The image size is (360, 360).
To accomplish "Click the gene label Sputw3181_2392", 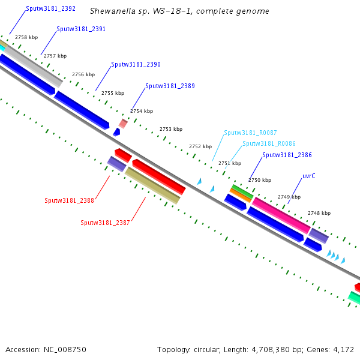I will click(x=50, y=10).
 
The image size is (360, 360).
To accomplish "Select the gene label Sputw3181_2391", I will click(x=81, y=29).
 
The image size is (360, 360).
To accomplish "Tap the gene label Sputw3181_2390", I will click(x=136, y=64).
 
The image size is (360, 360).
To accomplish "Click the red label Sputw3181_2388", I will click(x=69, y=200).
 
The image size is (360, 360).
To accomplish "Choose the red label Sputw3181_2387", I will click(x=105, y=223).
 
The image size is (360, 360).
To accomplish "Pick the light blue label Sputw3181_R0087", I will click(x=250, y=133).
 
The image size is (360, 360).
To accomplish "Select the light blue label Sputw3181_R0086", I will click(x=269, y=144).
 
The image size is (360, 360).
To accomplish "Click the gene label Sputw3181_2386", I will click(x=287, y=155).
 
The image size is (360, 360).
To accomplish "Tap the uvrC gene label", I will click(x=309, y=176).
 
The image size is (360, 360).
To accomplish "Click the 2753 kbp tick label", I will click(x=170, y=129).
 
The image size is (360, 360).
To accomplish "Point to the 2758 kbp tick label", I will click(x=26, y=37).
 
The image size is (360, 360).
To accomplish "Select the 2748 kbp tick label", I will click(x=319, y=213).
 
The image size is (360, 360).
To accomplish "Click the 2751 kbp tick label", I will click(x=229, y=163).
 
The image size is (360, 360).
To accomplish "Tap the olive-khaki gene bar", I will click(x=152, y=185).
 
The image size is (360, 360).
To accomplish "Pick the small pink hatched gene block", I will click(x=123, y=123).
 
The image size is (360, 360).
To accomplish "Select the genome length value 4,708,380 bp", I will click(x=295, y=349).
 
